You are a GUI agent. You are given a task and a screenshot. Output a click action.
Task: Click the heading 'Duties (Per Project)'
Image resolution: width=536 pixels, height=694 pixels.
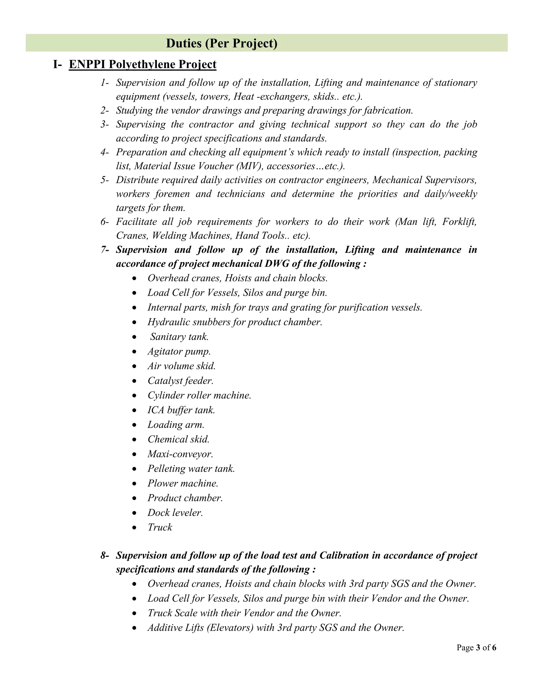[221, 43]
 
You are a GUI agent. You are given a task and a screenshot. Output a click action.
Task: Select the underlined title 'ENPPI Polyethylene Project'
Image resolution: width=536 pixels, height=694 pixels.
[142, 64]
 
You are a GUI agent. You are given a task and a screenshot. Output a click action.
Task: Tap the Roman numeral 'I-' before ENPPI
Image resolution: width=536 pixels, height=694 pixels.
[58, 64]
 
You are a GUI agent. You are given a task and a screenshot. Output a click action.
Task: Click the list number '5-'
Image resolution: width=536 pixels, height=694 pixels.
[104, 180]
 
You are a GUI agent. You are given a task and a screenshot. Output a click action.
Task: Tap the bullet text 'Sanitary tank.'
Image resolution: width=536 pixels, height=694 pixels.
[179, 337]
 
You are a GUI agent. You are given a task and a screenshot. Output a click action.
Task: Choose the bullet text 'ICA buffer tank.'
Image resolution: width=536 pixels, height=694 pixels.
[181, 410]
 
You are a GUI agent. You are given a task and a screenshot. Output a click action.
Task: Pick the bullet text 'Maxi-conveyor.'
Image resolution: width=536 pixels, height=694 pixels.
[180, 454]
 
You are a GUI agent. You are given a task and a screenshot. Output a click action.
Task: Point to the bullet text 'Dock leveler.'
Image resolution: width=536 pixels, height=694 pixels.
[175, 513]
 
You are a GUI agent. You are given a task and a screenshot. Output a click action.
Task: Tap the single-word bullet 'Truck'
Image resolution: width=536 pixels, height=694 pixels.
[160, 527]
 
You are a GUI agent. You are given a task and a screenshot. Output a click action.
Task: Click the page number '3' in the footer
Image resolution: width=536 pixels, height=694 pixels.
[478, 647]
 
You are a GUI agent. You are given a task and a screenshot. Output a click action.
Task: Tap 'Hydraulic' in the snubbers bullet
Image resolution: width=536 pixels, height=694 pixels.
[168, 322]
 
